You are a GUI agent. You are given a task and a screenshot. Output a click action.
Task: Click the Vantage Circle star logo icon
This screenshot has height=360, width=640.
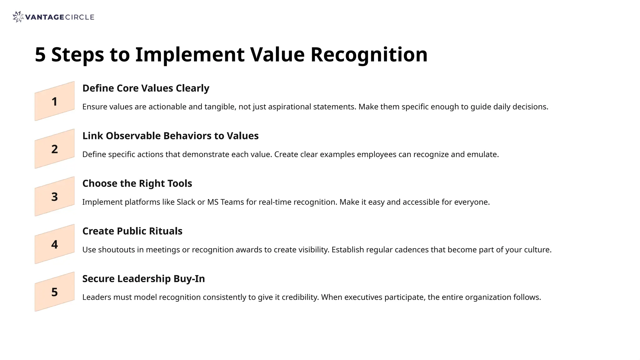pyautogui.click(x=18, y=17)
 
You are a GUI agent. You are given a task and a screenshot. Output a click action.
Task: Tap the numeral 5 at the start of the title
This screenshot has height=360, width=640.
pyautogui.click(x=40, y=55)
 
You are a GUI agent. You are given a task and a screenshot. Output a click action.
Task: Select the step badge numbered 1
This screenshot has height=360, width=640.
pyautogui.click(x=55, y=102)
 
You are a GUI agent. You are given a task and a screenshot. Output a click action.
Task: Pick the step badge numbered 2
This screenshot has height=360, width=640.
pyautogui.click(x=55, y=149)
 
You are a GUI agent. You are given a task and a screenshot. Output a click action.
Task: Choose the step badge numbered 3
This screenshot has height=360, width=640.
pyautogui.click(x=55, y=197)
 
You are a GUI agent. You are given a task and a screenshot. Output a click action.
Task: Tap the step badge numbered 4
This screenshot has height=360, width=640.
pyautogui.click(x=55, y=244)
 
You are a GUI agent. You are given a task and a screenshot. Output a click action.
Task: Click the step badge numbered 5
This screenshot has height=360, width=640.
pyautogui.click(x=55, y=292)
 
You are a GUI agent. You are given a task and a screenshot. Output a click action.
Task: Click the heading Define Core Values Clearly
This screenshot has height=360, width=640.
pyautogui.click(x=146, y=88)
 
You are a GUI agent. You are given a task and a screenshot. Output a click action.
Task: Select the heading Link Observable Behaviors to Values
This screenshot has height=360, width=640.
pyautogui.click(x=170, y=136)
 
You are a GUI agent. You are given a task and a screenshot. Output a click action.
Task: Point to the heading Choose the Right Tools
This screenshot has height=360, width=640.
pyautogui.click(x=137, y=183)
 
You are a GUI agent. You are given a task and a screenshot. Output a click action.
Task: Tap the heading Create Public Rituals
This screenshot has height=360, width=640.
pyautogui.click(x=132, y=231)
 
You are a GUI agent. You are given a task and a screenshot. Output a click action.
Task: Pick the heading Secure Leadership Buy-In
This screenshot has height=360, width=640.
pyautogui.click(x=143, y=279)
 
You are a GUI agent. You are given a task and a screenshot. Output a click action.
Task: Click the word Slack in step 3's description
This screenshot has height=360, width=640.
pyautogui.click(x=186, y=202)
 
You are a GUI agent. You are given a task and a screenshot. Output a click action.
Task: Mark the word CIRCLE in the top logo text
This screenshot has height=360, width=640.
pyautogui.click(x=80, y=17)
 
